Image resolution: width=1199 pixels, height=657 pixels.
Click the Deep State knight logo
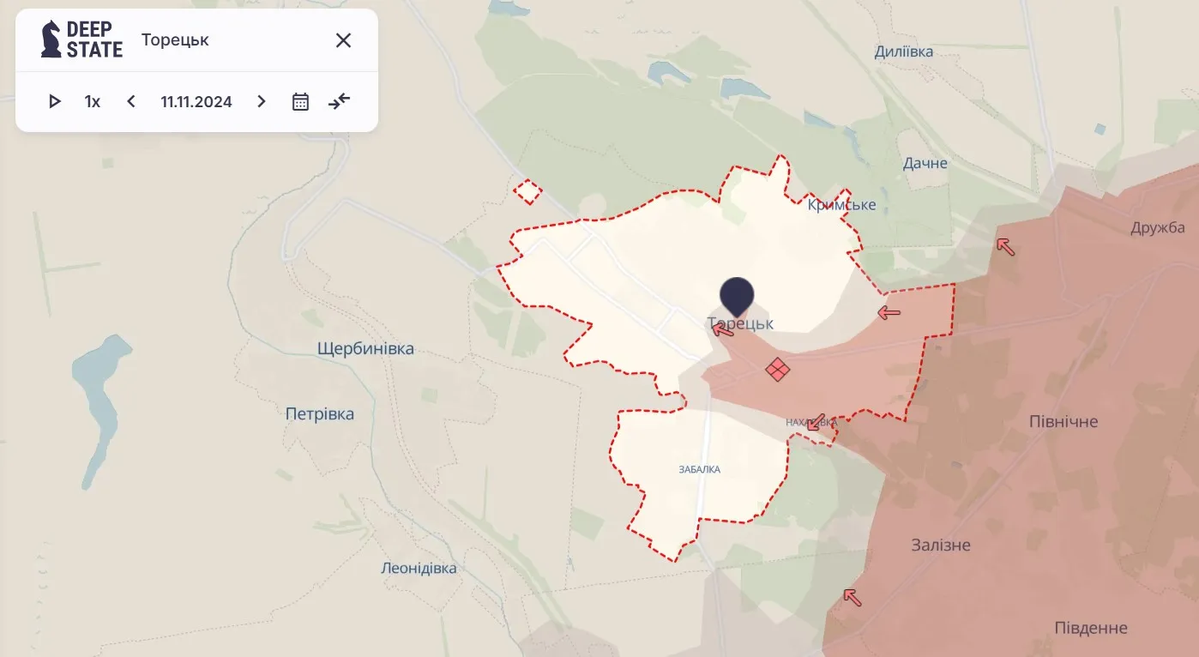(51, 39)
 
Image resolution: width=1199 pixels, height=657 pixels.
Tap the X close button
(343, 40)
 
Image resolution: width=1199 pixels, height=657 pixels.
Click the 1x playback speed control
(93, 101)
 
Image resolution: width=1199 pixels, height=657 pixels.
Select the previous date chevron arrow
(131, 101)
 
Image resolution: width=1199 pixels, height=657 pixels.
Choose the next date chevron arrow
(262, 101)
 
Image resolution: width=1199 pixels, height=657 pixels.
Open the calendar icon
(300, 101)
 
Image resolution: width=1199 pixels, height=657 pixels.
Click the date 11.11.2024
(196, 101)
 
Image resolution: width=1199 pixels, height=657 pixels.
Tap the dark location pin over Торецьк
(737, 296)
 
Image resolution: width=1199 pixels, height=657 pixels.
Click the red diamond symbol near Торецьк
(778, 370)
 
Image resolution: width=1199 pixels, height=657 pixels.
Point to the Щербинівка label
(365, 349)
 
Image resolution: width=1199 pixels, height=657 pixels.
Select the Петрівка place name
(320, 414)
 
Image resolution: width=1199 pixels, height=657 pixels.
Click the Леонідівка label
(419, 568)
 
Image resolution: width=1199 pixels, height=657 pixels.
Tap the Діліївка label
(904, 51)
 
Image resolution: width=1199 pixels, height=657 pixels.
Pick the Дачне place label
(925, 163)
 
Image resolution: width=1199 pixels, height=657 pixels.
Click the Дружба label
(1158, 227)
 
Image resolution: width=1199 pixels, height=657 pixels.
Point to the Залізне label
(941, 545)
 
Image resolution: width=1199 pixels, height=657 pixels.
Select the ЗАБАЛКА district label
(700, 469)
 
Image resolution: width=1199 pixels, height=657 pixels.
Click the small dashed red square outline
(527, 191)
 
